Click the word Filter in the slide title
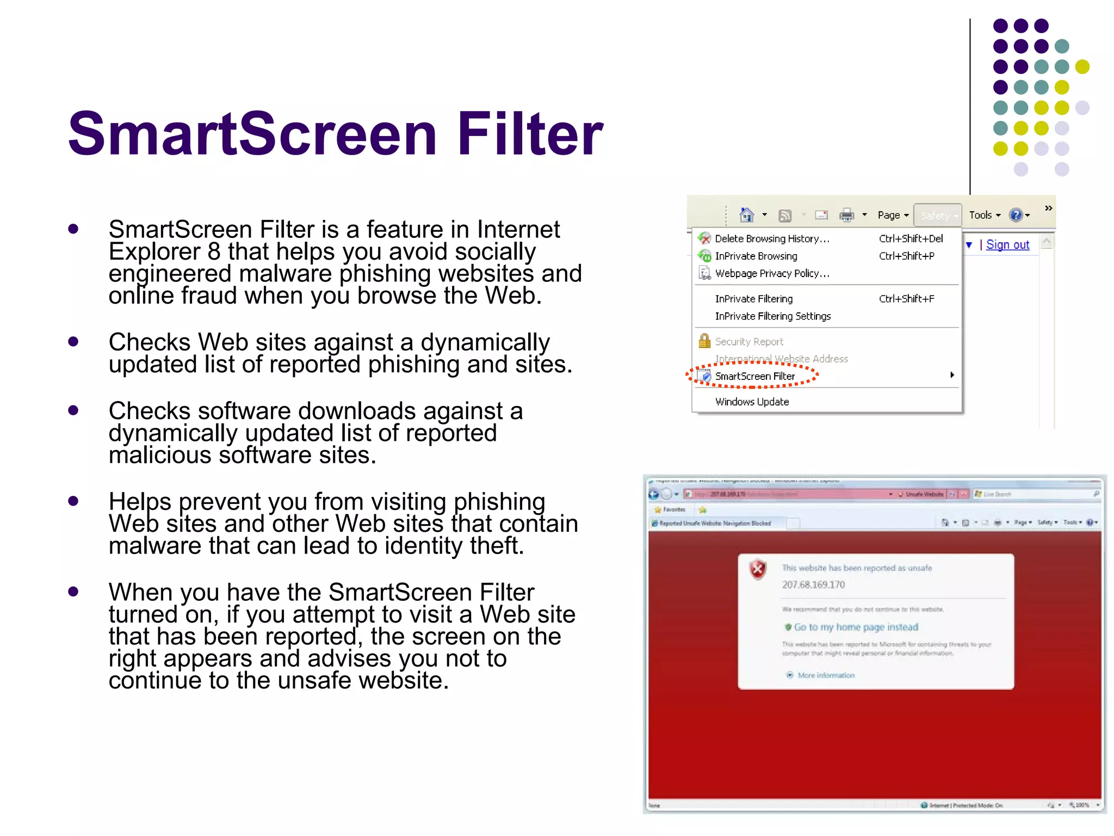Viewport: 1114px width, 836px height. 530,134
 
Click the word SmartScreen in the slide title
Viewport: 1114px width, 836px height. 252,134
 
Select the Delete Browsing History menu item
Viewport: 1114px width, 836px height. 772,238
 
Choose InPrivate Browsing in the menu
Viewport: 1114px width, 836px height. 756,256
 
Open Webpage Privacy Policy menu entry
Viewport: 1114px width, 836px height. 772,273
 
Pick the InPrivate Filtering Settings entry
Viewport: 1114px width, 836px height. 773,316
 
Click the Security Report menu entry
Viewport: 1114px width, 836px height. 749,341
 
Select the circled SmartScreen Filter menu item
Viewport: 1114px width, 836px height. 755,376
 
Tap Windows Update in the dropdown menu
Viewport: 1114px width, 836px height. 752,402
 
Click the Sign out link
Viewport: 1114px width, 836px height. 1007,245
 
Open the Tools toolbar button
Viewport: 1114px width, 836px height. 984,215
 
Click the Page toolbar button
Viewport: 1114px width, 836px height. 893,215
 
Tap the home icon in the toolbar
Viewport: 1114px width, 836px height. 747,215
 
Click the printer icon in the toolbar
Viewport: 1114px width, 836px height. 846,215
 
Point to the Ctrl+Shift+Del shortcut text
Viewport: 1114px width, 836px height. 911,238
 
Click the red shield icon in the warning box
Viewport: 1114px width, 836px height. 758,569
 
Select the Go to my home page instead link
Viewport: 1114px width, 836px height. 856,627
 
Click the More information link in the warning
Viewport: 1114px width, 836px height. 826,675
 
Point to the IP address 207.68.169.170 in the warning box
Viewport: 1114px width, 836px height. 813,585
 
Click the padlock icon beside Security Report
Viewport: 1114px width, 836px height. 704,341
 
